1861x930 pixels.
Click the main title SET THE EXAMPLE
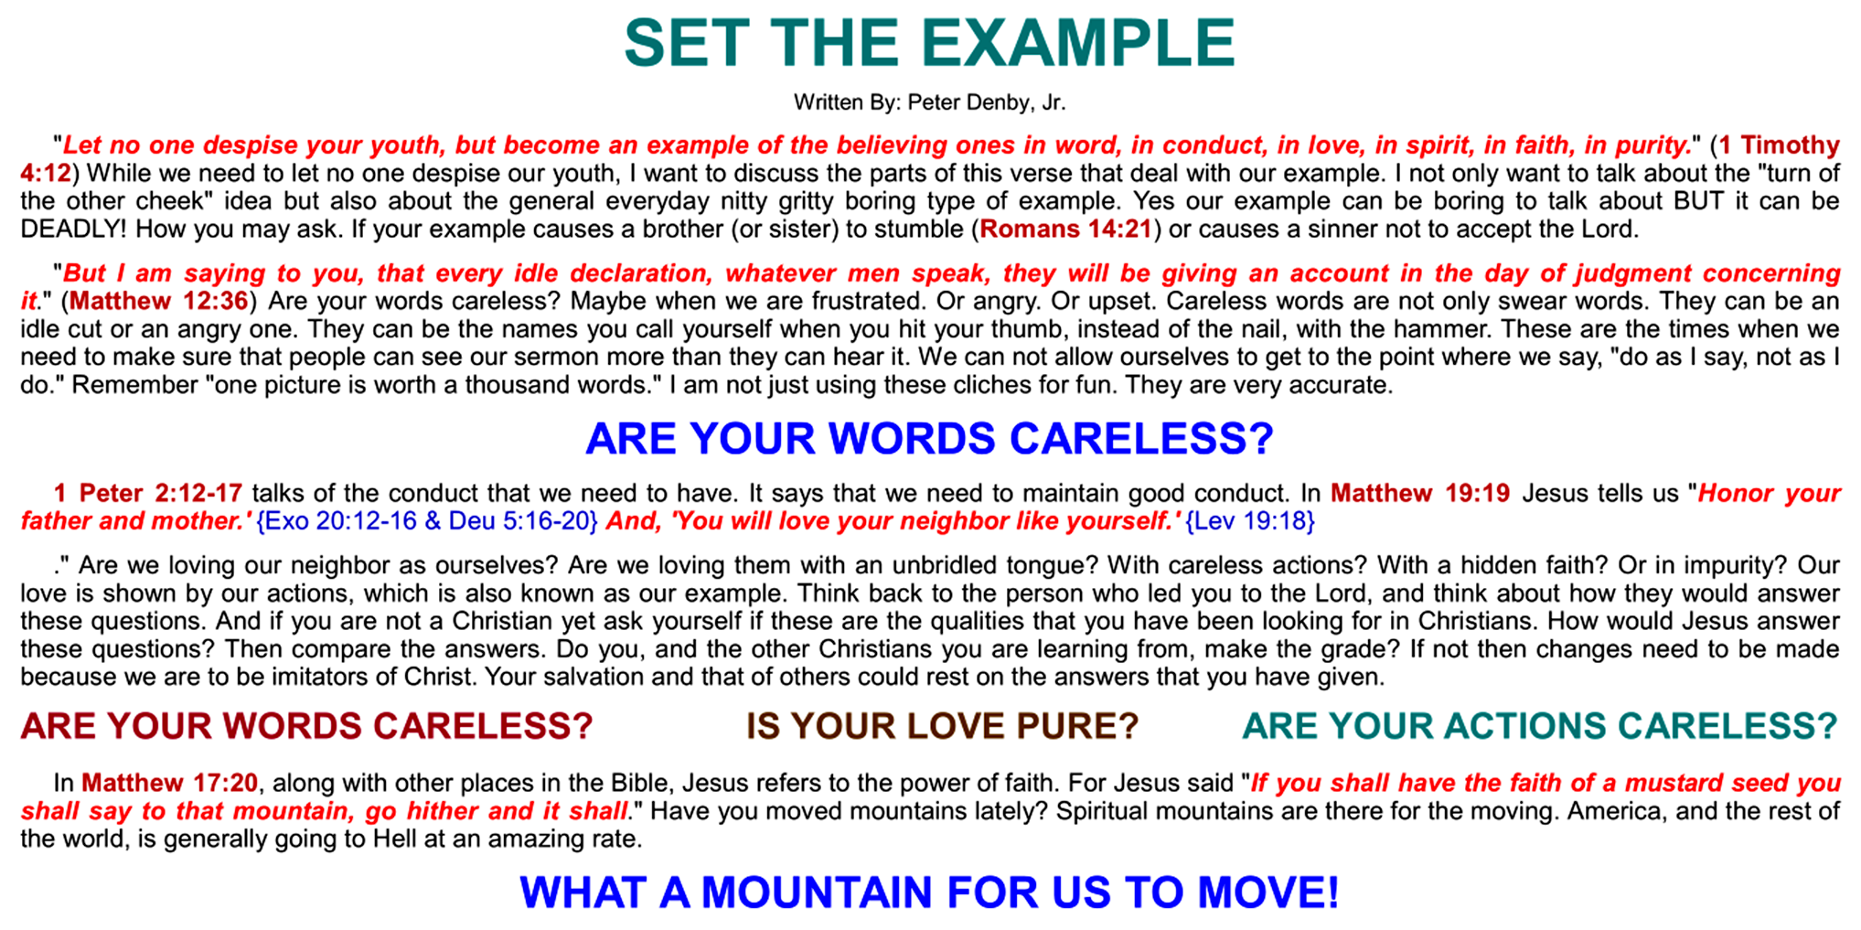(x=929, y=43)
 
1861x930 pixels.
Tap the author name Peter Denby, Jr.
(x=987, y=102)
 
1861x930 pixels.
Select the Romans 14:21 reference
(x=1065, y=229)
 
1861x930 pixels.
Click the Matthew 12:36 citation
(x=159, y=301)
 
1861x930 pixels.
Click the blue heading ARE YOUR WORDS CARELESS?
(x=929, y=439)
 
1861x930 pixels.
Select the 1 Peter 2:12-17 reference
(x=147, y=494)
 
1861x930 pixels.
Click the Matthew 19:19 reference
(x=1420, y=494)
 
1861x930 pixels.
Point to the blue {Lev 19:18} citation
(x=1250, y=521)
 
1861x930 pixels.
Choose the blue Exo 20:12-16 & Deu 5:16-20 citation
(x=428, y=521)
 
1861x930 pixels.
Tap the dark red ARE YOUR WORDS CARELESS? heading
(x=306, y=726)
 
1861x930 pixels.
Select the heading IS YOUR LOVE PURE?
(x=943, y=726)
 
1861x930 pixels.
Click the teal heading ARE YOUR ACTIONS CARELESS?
(x=1540, y=726)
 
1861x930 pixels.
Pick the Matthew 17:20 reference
(x=170, y=784)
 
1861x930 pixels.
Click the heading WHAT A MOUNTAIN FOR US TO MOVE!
(x=929, y=893)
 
